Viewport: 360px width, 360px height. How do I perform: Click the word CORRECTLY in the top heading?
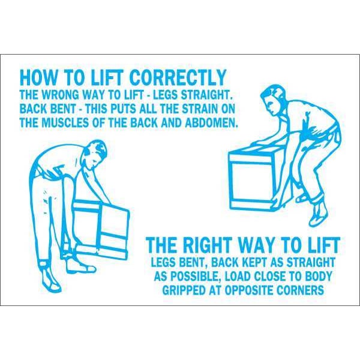pyautogui.click(x=178, y=77)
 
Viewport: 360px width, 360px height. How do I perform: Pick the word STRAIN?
pyautogui.click(x=200, y=109)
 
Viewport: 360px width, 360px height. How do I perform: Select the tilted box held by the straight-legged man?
pyautogui.click(x=101, y=227)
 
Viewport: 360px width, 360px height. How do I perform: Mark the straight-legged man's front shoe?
pyautogui.click(x=83, y=266)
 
